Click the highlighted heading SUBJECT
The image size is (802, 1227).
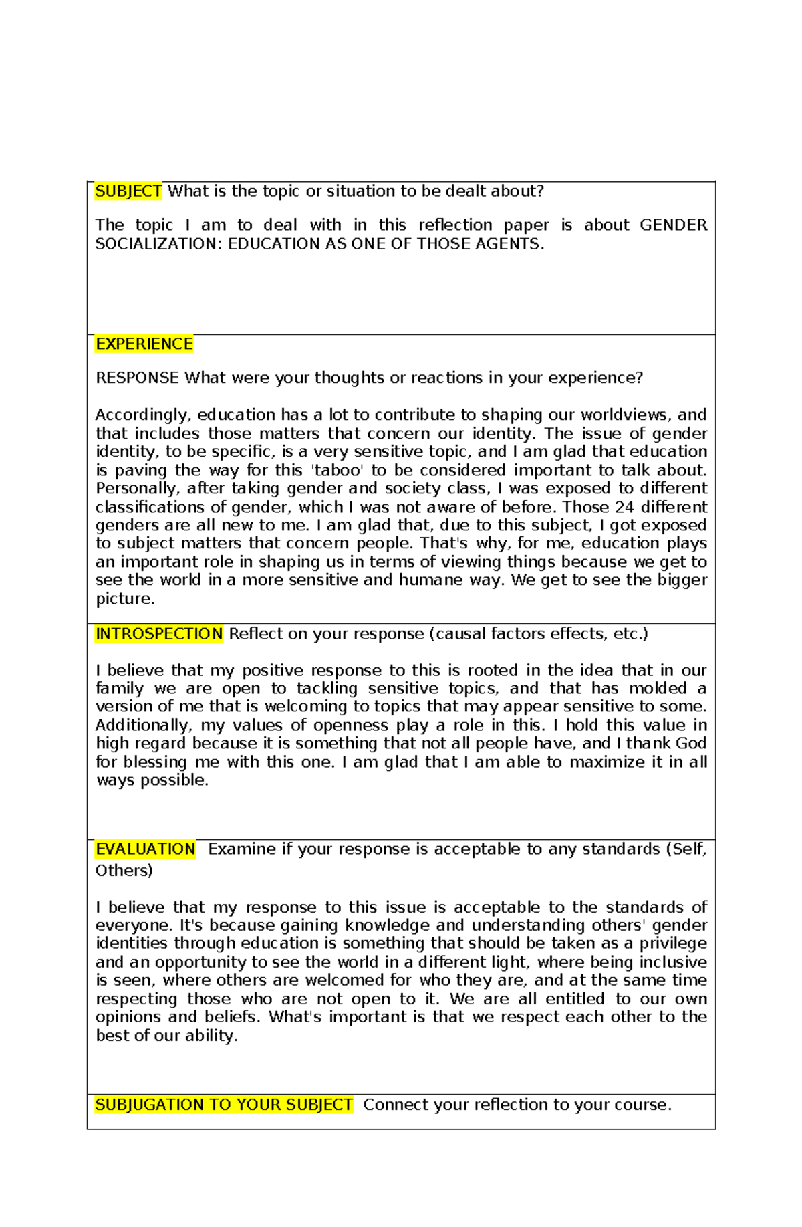128,191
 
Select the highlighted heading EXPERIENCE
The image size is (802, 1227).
144,344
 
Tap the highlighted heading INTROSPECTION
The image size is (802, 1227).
159,633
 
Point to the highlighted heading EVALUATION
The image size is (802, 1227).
145,849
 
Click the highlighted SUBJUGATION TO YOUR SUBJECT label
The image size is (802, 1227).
223,1104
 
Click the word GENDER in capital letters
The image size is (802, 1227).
672,225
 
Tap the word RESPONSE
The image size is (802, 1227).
137,378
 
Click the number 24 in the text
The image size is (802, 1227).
624,507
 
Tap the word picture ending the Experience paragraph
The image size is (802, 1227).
124,598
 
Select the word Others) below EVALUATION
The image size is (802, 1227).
124,870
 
